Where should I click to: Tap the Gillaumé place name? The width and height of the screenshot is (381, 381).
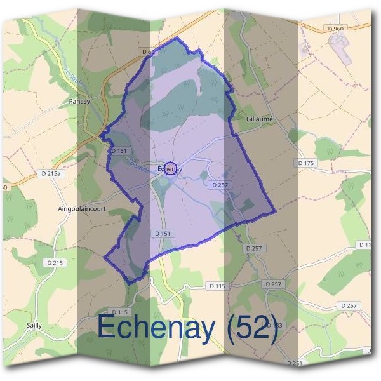pos(258,118)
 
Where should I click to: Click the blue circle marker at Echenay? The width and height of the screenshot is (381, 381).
pos(170,168)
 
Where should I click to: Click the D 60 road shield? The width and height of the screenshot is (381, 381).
pos(149,51)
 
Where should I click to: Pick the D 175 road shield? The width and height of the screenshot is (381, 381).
pos(306,163)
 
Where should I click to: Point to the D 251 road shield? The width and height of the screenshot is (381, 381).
pos(295,363)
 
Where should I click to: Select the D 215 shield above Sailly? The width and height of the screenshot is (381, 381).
pos(56,262)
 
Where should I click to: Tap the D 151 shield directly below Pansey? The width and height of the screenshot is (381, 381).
pos(119,150)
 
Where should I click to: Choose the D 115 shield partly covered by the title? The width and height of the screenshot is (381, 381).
pos(119,312)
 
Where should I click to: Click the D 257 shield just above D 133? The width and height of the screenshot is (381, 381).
pos(273,284)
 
